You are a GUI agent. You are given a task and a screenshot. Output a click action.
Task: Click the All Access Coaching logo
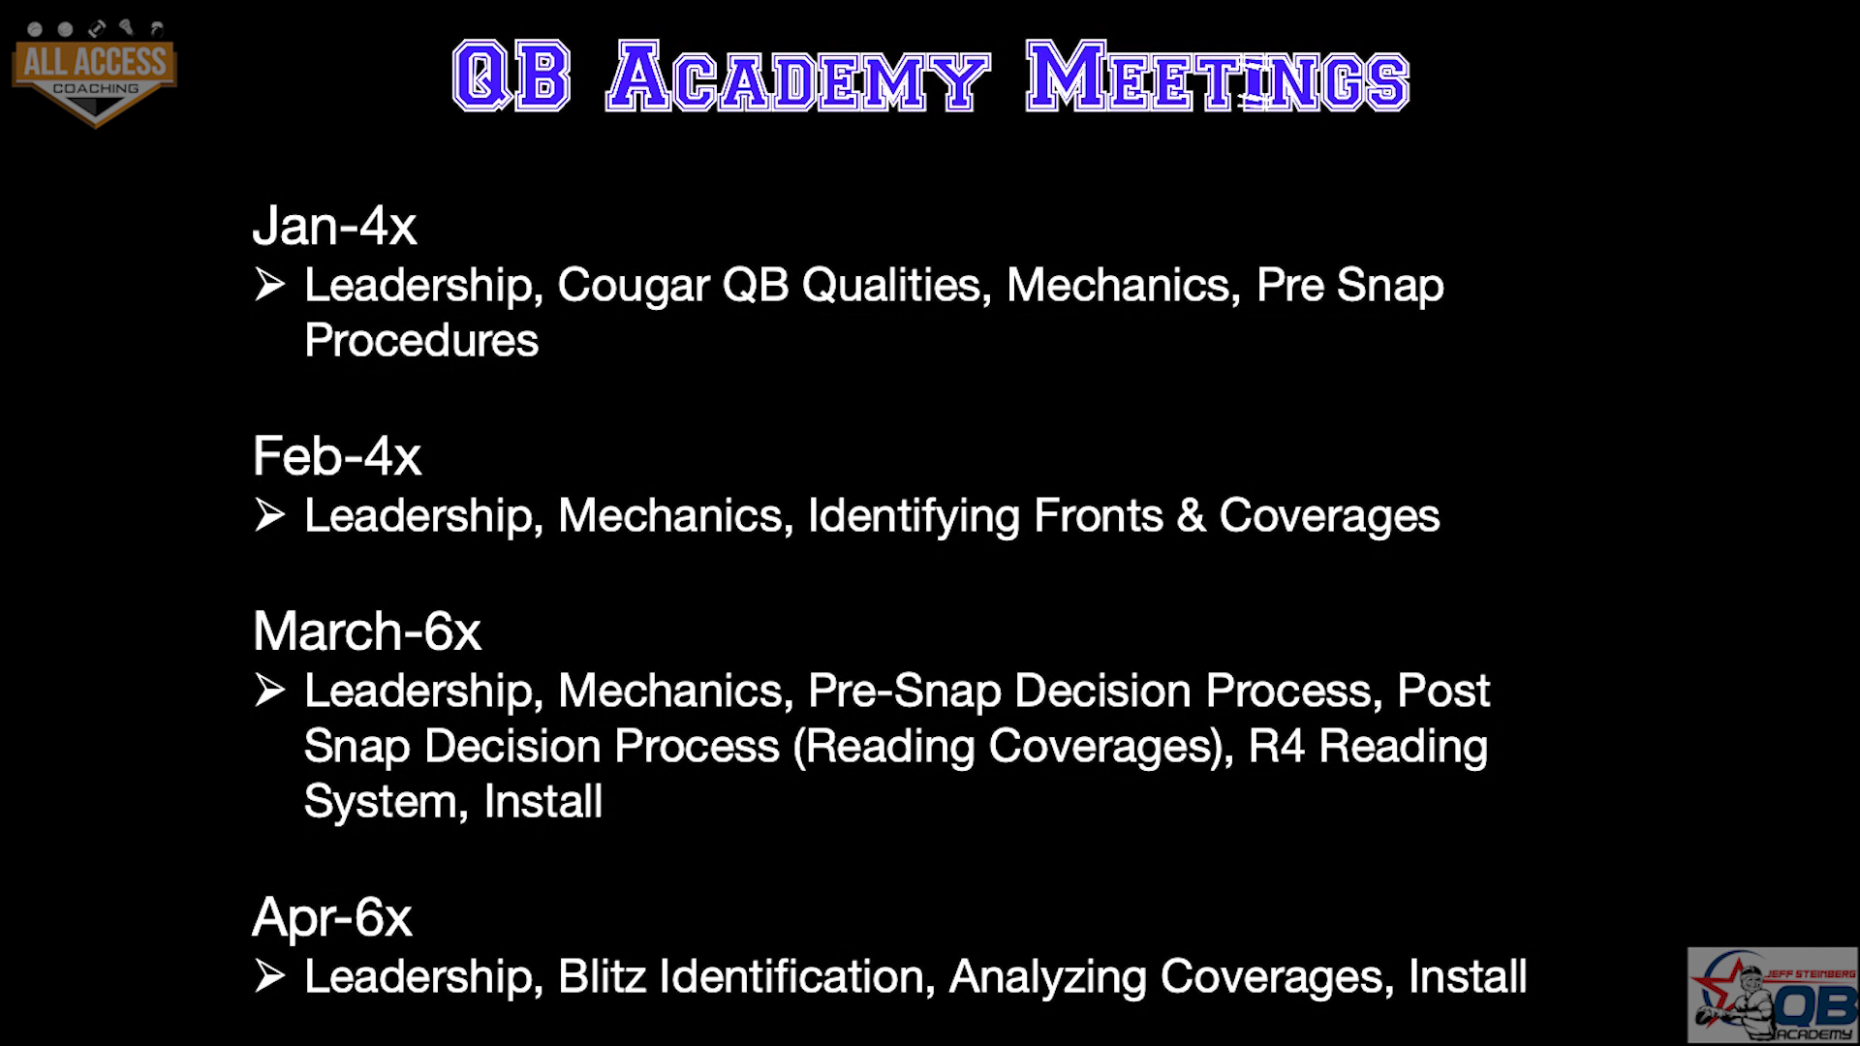[x=95, y=73]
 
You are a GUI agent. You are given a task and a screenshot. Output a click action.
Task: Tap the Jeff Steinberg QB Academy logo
[x=1773, y=995]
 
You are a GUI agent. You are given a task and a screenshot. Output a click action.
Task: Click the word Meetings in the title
[x=1218, y=77]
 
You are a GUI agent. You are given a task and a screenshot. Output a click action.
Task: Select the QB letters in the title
[x=511, y=77]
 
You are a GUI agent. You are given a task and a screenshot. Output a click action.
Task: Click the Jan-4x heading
[x=334, y=226]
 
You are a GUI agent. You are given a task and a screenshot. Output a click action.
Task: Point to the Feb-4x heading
[x=337, y=455]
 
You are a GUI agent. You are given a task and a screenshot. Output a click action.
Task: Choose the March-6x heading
[x=367, y=631]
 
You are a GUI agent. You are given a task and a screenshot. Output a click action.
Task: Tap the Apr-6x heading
[x=332, y=917]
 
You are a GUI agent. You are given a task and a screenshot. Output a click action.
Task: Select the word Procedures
[x=421, y=340]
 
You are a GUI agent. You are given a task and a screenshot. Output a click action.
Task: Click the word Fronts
[x=1099, y=514]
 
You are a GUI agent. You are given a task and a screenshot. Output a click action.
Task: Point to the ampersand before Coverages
[x=1192, y=515]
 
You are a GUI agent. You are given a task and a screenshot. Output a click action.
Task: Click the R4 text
[x=1277, y=746]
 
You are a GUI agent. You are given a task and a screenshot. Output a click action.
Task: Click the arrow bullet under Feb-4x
[x=270, y=515]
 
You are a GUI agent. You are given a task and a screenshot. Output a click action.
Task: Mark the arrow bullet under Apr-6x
[x=270, y=976]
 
